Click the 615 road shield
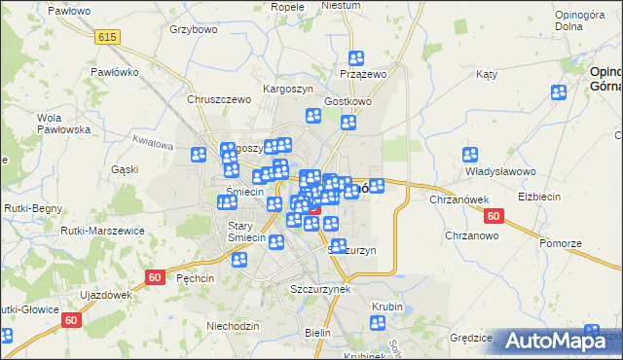[x=108, y=35]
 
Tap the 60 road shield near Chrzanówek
[x=495, y=216]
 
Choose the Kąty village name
[x=487, y=74]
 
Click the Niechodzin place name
[x=233, y=325]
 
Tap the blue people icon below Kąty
[x=559, y=93]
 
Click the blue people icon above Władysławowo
[x=470, y=155]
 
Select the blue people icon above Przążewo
[x=356, y=58]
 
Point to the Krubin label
[x=386, y=306]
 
